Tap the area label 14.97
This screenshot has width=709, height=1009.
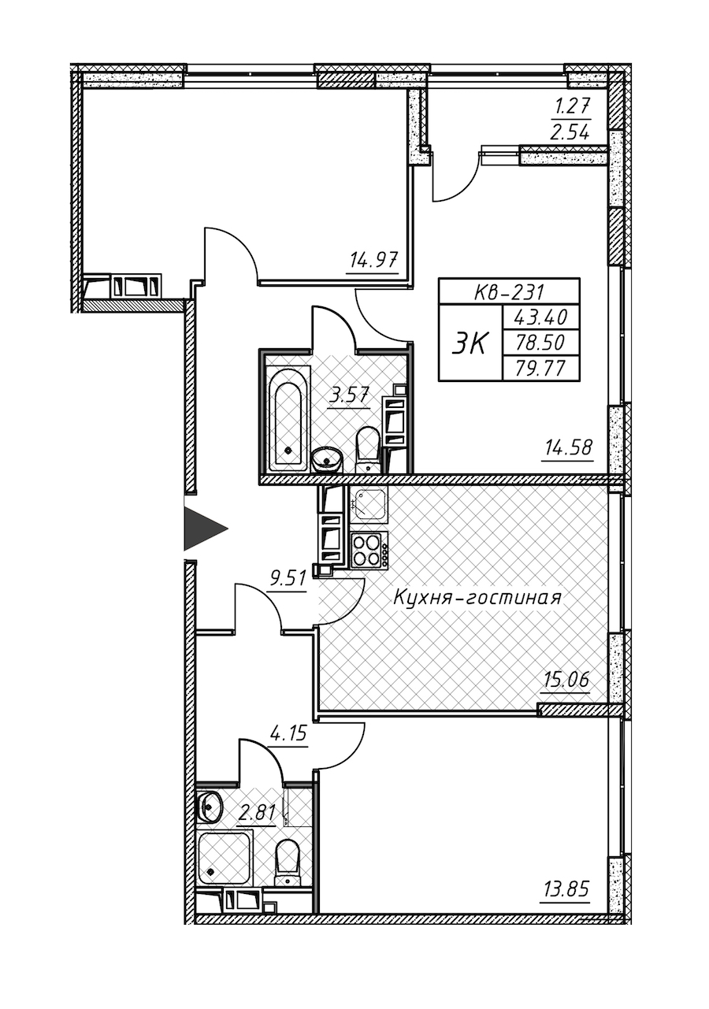tap(372, 261)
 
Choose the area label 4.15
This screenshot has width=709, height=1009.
tap(287, 734)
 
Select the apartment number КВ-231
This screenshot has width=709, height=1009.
tap(509, 293)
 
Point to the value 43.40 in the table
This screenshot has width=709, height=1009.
tap(540, 318)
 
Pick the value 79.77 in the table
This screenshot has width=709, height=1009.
tap(540, 369)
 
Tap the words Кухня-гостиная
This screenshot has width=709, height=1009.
tap(477, 598)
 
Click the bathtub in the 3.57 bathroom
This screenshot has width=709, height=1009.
tap(288, 418)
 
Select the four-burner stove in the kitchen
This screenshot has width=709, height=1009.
tap(369, 550)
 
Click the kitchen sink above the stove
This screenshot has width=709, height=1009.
tap(369, 506)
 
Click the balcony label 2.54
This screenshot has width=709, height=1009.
tap(572, 133)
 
